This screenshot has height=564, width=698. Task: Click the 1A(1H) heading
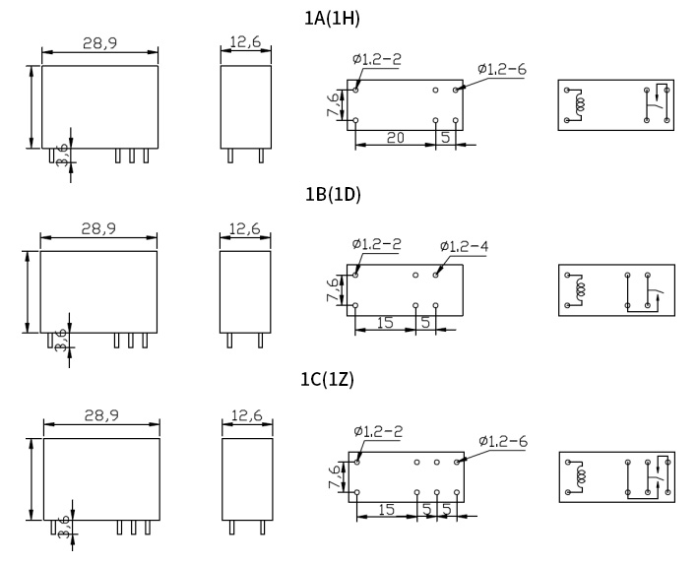tap(332, 19)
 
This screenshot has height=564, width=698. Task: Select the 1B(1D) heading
tap(333, 195)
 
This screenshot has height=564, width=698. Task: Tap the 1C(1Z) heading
tap(328, 380)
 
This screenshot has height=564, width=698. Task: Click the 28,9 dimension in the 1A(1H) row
tap(100, 43)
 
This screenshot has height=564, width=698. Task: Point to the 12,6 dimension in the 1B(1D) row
tap(245, 228)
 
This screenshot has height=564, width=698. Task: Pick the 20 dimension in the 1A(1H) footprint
tap(396, 138)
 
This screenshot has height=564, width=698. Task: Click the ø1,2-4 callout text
tap(464, 246)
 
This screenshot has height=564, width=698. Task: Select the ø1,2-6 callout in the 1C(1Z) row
tap(503, 441)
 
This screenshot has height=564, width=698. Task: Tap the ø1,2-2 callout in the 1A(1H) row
tap(377, 59)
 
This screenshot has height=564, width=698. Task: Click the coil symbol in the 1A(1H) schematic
tap(579, 105)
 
